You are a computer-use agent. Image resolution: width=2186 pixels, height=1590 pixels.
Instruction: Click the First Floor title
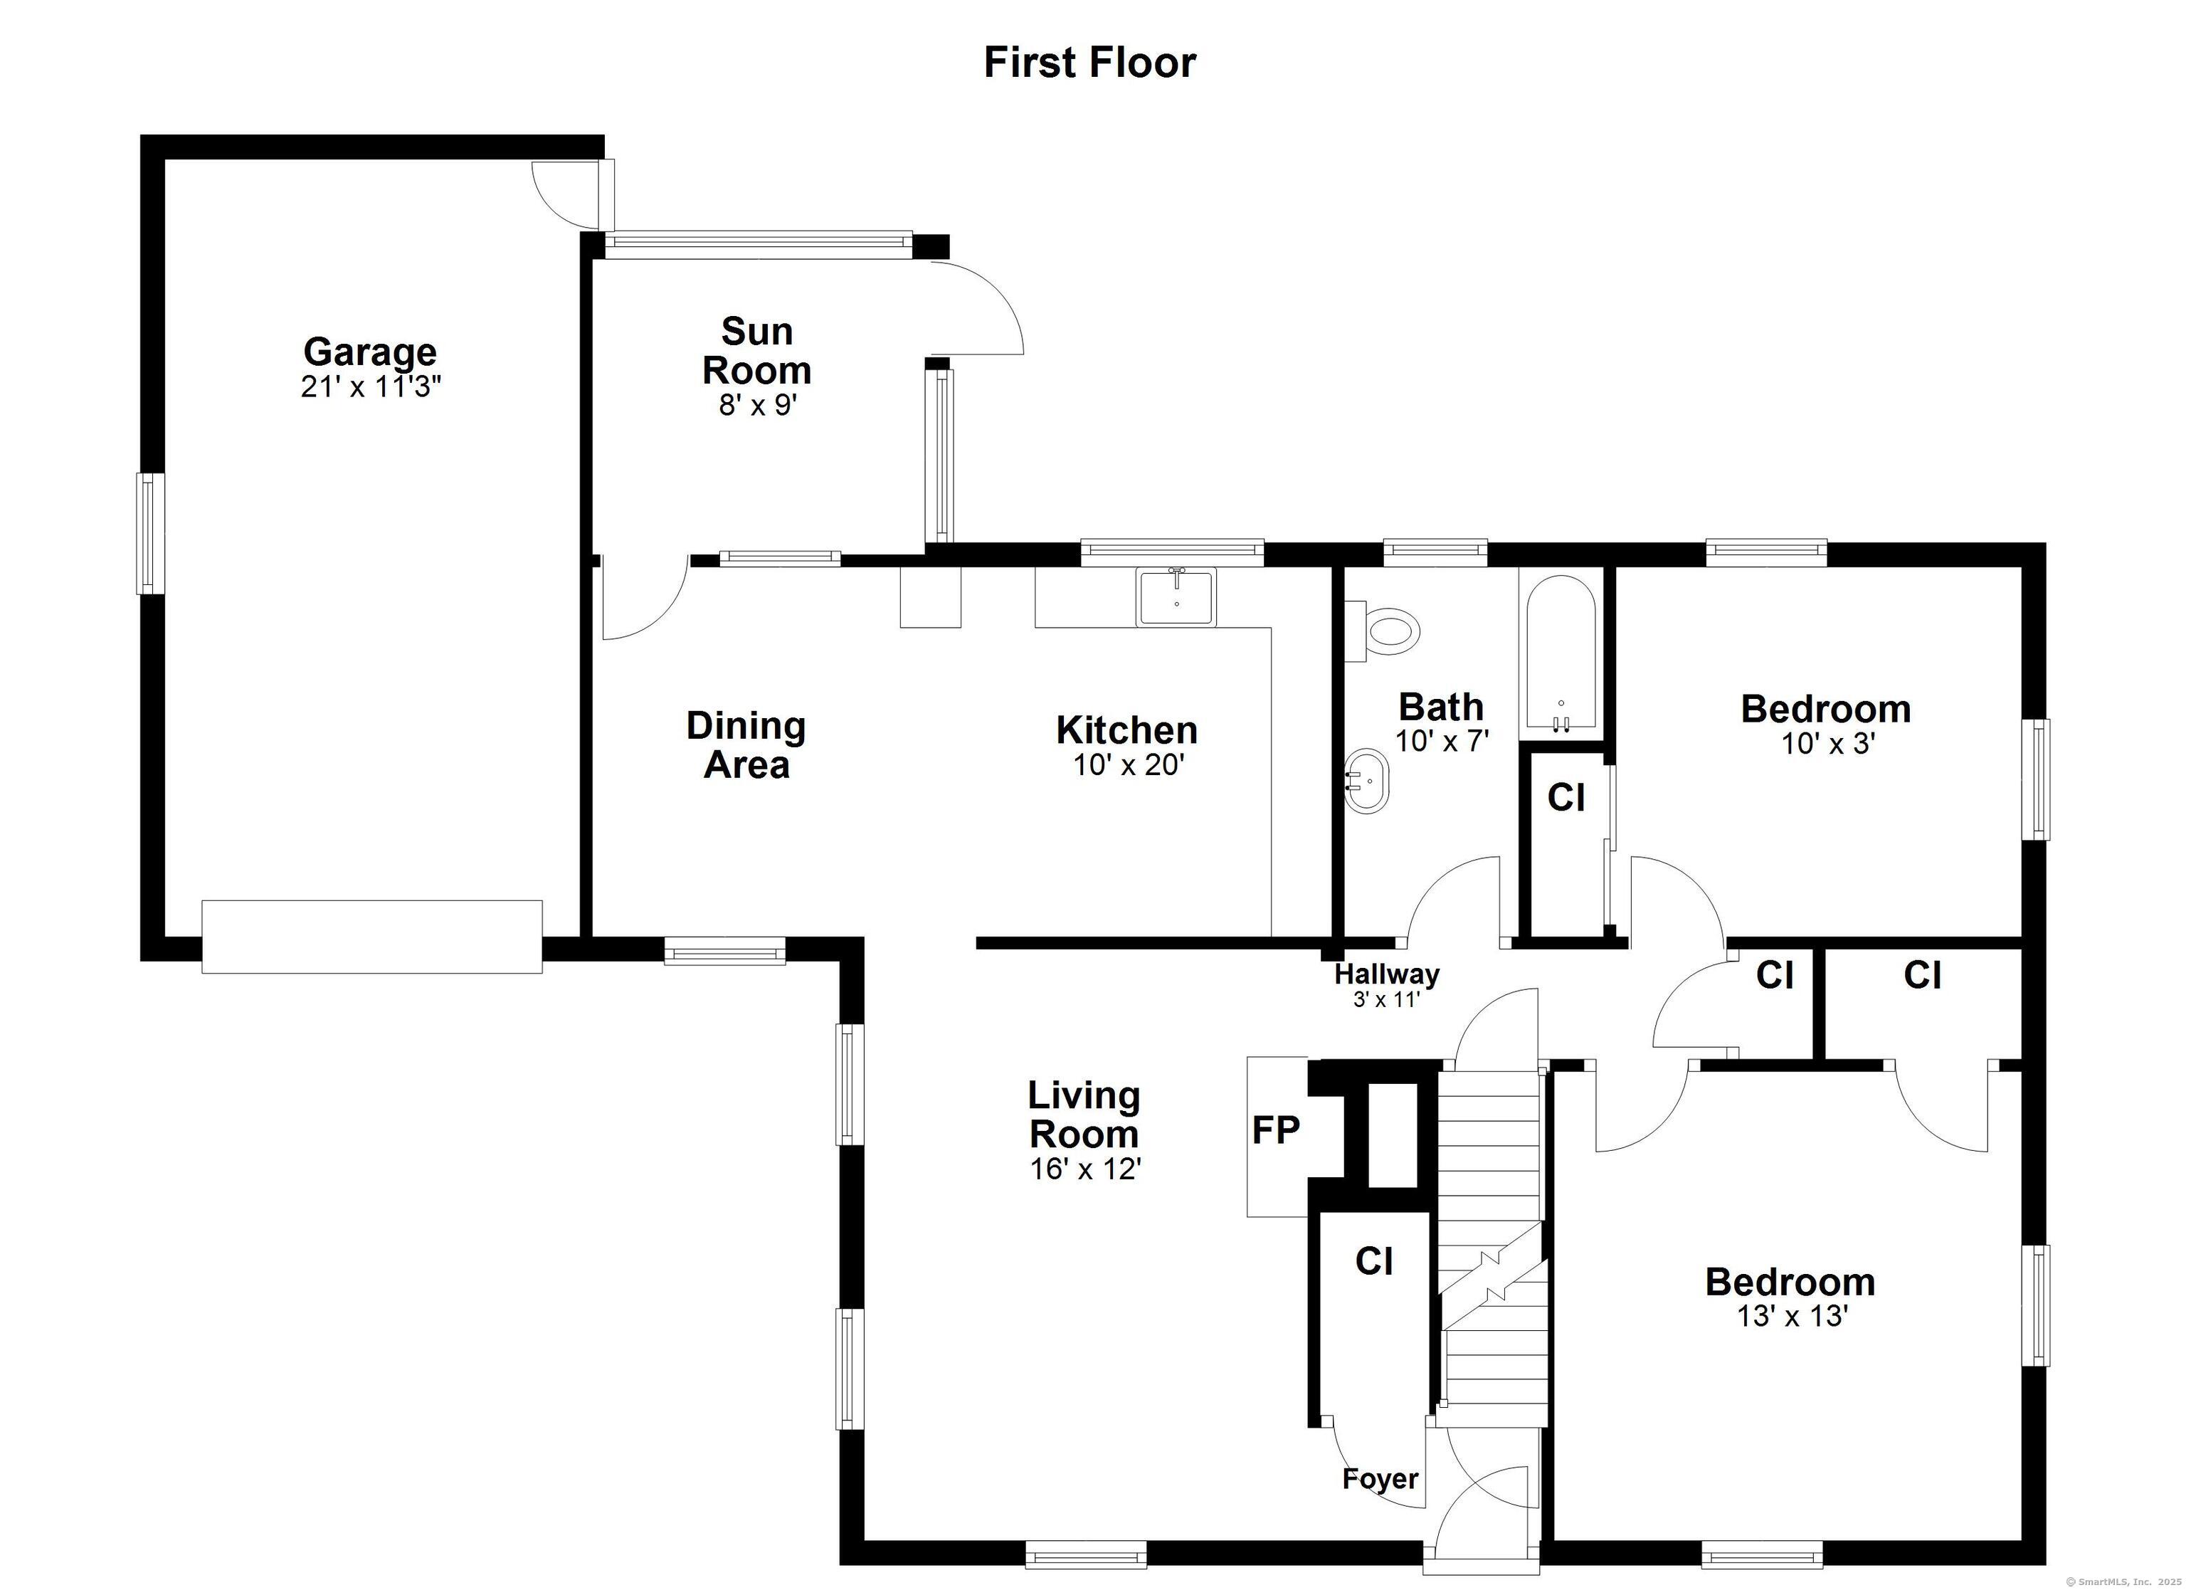pyautogui.click(x=1089, y=63)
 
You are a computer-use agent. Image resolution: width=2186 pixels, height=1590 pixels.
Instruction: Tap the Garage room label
pyautogui.click(x=370, y=351)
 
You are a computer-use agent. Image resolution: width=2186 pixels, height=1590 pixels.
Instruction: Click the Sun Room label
pyautogui.click(x=756, y=351)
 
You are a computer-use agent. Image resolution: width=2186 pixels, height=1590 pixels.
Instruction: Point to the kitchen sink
pyautogui.click(x=1176, y=597)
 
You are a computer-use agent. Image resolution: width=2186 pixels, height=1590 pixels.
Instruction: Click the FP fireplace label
pyautogui.click(x=1275, y=1129)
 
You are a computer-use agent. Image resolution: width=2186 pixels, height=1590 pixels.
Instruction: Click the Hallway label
pyautogui.click(x=1387, y=974)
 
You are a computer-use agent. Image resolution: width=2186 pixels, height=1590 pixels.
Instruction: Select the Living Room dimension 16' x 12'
pyautogui.click(x=1085, y=1169)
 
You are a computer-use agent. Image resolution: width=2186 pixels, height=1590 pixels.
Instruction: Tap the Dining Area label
pyautogui.click(x=746, y=745)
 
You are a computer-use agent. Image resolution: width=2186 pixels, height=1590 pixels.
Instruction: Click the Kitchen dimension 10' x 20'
pyautogui.click(x=1128, y=766)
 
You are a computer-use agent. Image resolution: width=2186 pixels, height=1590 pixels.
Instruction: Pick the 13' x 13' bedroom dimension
pyautogui.click(x=1792, y=1316)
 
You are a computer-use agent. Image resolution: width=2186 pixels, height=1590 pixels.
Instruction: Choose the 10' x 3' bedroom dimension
pyautogui.click(x=1827, y=744)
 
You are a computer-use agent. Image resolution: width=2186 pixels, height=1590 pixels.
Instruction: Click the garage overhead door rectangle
pyautogui.click(x=372, y=936)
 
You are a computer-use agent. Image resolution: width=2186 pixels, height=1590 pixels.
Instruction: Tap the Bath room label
pyautogui.click(x=1441, y=707)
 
